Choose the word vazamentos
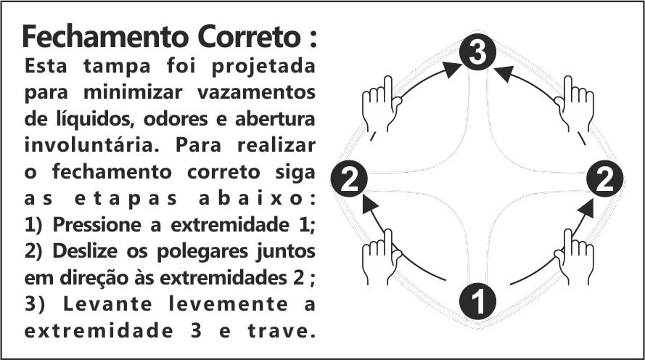pyautogui.click(x=260, y=93)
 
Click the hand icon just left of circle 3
pyautogui.click(x=379, y=102)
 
